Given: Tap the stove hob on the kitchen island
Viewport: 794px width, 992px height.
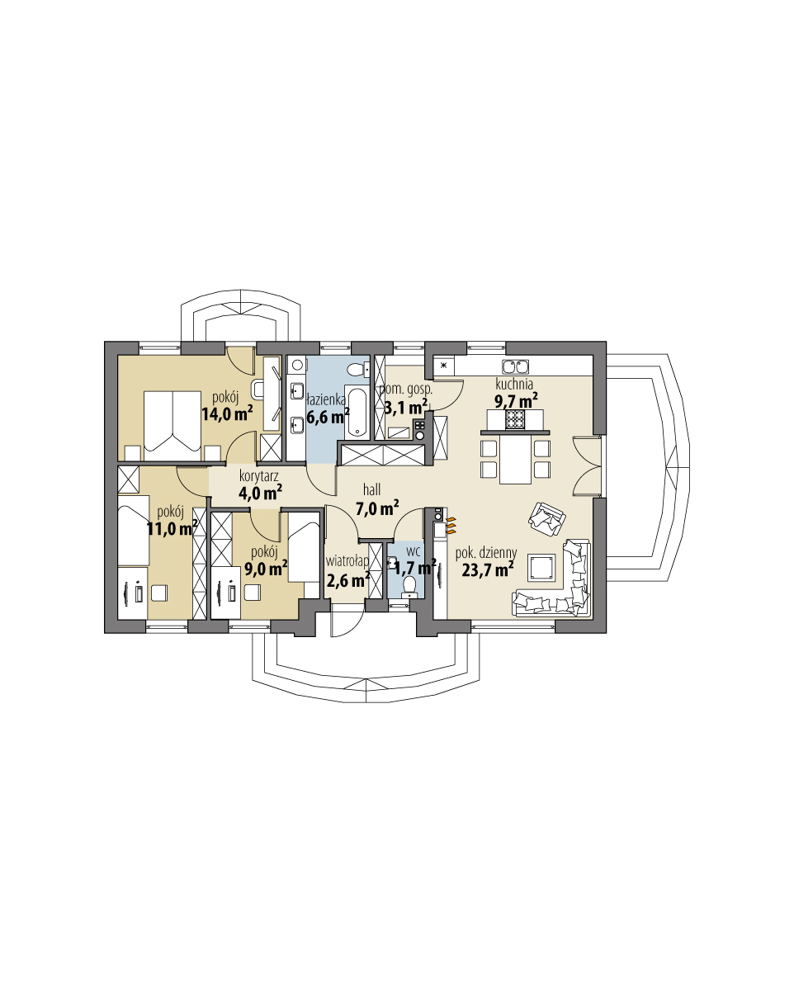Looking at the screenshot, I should [x=516, y=420].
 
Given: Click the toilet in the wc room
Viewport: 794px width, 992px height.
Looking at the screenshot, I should [x=409, y=587].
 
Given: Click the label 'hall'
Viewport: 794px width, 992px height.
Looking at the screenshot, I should [x=371, y=490].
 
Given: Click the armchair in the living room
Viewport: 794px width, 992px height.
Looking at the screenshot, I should [x=546, y=518].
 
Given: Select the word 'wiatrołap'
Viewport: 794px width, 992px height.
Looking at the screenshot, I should [x=347, y=561].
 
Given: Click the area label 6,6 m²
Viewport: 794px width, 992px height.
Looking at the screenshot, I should [x=328, y=416].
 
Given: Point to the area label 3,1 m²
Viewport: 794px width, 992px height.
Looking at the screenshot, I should [x=406, y=406].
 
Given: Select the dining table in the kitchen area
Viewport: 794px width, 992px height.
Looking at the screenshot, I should [x=516, y=461].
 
